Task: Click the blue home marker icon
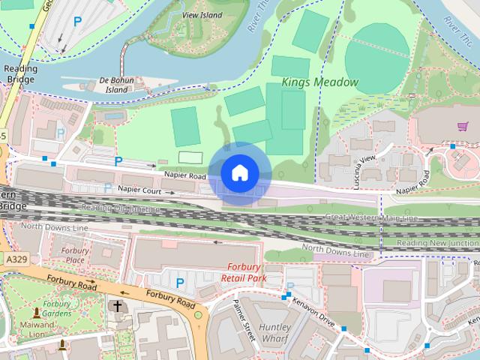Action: tap(239, 173)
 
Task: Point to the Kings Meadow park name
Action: tap(320, 82)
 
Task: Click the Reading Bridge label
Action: tap(20, 73)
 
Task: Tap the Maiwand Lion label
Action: tap(37, 330)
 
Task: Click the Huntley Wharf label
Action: tap(274, 333)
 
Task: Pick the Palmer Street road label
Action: tap(245, 319)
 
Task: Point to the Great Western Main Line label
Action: tap(370, 217)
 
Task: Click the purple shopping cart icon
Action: tap(463, 127)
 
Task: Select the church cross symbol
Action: tap(116, 306)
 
